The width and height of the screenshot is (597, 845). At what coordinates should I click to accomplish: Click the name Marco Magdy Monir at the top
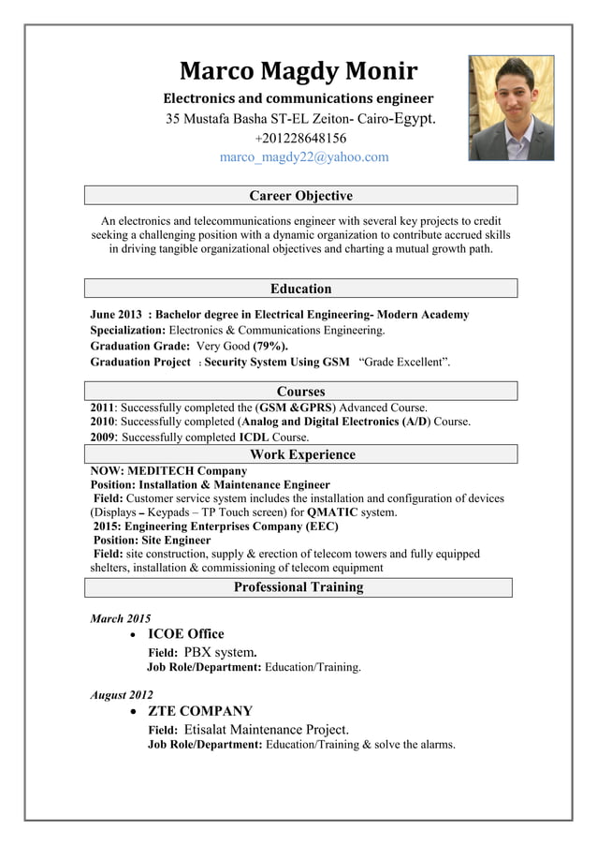[298, 71]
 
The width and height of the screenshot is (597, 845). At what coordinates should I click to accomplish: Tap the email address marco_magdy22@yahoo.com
[303, 157]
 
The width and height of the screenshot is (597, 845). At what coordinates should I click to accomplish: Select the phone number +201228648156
[300, 139]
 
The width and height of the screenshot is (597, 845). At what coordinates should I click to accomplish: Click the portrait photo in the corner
[511, 108]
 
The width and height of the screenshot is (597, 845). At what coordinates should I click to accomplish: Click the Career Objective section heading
[300, 196]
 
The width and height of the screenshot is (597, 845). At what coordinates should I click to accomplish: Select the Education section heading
[300, 289]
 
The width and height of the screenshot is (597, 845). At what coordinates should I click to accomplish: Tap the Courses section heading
[300, 391]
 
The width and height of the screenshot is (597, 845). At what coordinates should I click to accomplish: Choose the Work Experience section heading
[300, 454]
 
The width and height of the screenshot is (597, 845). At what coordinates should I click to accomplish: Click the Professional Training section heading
[298, 587]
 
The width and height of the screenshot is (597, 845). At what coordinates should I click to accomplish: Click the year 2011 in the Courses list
[102, 408]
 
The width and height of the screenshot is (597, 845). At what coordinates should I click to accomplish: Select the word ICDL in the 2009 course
[254, 437]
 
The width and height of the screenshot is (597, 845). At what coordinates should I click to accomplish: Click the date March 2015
[120, 618]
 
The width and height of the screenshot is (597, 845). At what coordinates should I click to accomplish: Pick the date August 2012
[122, 695]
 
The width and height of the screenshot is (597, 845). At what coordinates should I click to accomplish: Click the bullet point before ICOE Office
[136, 635]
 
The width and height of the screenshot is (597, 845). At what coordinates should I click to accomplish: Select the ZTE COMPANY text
[200, 711]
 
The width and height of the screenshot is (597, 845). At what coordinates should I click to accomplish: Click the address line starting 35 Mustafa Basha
[300, 119]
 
